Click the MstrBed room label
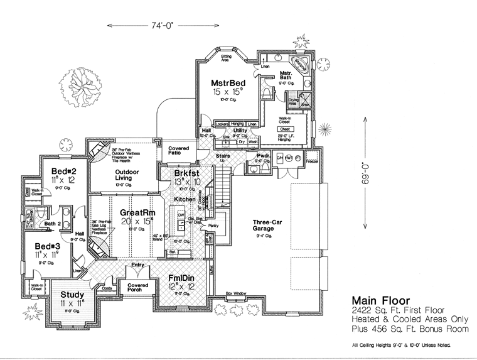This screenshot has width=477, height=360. click(x=227, y=82)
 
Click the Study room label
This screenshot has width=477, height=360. click(x=73, y=294)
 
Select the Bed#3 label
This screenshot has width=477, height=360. click(x=47, y=246)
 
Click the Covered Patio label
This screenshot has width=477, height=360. click(x=179, y=151)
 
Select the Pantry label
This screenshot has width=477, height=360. click(x=214, y=224)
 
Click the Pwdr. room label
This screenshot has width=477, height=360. click(x=263, y=155)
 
